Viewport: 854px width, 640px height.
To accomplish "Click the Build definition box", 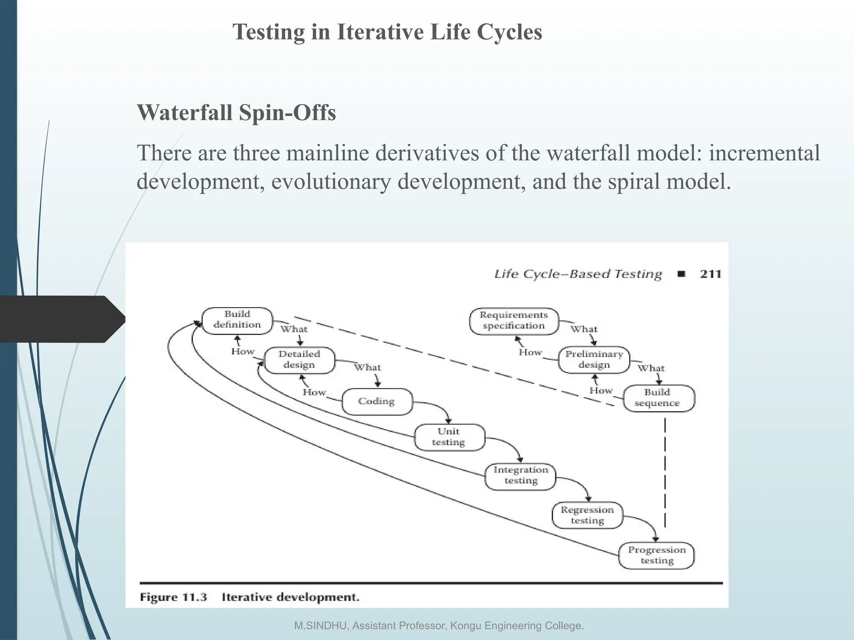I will click(x=237, y=320).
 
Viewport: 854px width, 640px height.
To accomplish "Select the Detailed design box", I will click(x=299, y=360).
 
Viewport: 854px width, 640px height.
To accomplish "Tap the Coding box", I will click(x=377, y=401).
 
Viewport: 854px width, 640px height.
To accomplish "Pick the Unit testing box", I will click(x=449, y=437).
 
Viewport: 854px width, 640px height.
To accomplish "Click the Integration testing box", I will click(x=520, y=475).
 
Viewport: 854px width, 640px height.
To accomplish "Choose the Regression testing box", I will click(x=587, y=515).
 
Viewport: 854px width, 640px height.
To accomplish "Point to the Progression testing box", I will click(x=656, y=555).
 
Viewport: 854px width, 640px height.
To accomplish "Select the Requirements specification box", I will click(x=514, y=321).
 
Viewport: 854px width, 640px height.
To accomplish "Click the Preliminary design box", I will click(x=594, y=360).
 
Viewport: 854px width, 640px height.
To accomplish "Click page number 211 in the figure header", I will click(x=711, y=274).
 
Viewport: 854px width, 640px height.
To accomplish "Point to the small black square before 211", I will click(x=682, y=274).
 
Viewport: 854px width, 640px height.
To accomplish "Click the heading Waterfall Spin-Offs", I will click(x=236, y=112).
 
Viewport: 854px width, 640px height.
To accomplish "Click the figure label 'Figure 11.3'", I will click(x=173, y=597).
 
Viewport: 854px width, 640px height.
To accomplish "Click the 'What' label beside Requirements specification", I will click(x=584, y=329).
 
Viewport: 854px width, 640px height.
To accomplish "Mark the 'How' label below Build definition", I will click(x=243, y=351).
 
